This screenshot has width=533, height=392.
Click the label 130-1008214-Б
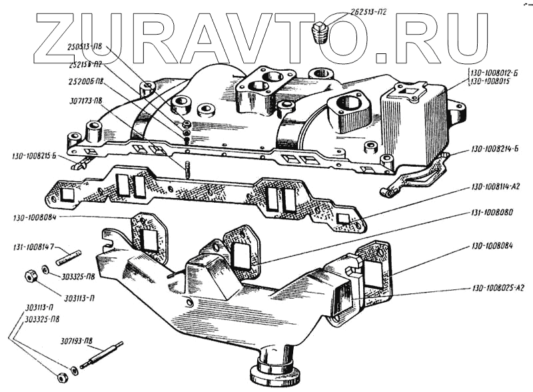coord(495,149)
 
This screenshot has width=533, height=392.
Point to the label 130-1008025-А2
coord(496,289)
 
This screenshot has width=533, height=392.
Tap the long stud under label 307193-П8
coord(103,357)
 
